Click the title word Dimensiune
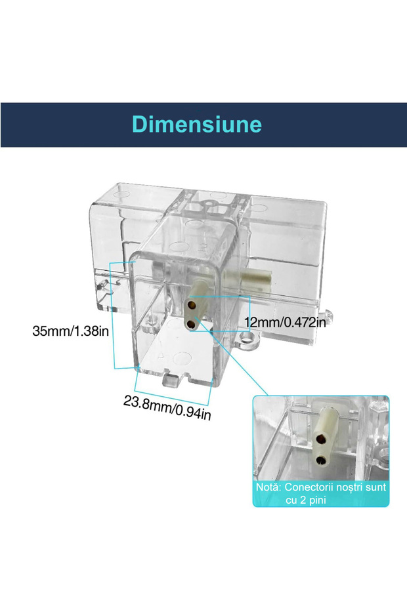196,125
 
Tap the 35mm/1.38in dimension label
71,331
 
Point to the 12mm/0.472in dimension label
285,322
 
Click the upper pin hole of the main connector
191,305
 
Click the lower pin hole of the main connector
191,324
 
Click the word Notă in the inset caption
270,488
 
